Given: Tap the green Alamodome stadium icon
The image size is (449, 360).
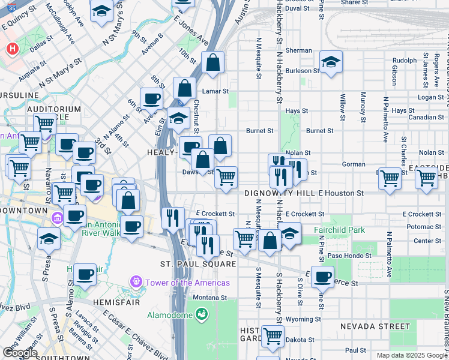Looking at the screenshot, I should (201, 313).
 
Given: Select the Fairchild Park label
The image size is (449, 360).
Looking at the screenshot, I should (339, 230).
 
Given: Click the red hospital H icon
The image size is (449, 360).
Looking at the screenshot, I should (12, 49).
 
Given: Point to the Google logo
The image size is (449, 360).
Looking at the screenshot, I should (19, 353).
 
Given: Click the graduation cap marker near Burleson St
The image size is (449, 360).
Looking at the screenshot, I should (330, 62).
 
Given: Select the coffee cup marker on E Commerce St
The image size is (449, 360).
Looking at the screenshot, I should (323, 277).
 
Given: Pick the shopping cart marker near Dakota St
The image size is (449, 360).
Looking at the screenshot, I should (272, 336).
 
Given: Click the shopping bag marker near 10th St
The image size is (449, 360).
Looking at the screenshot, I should (212, 62).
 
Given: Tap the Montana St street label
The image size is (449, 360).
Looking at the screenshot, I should (210, 297).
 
